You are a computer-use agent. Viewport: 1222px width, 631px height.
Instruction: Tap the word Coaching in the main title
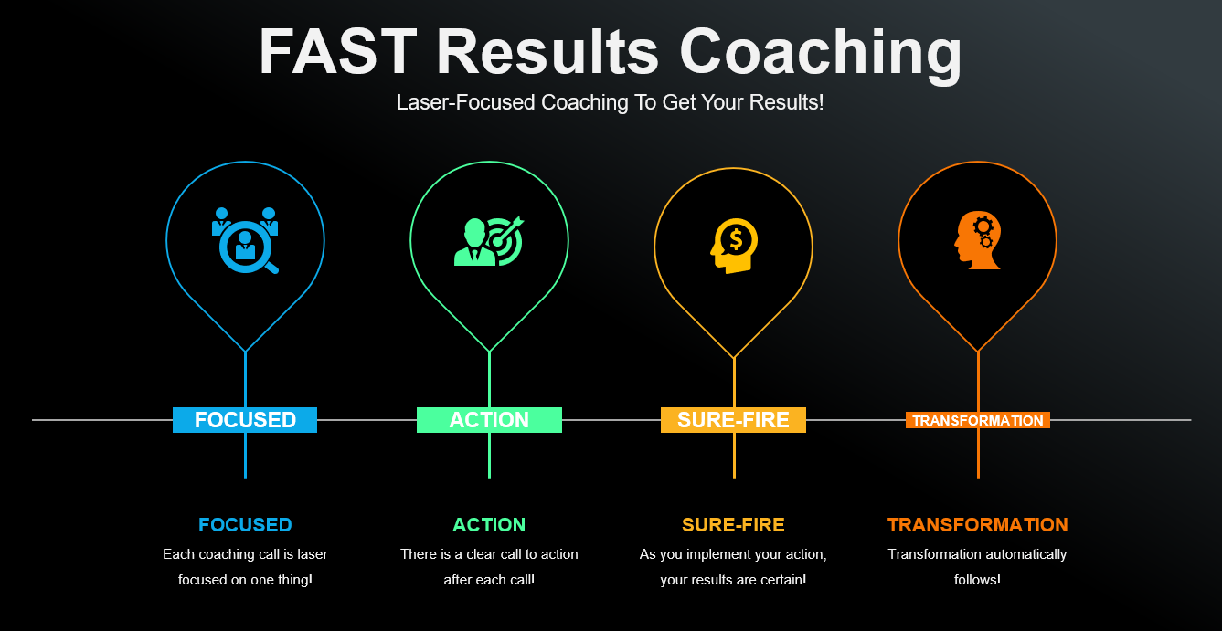pos(821,55)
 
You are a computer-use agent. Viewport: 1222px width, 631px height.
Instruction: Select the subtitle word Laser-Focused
pos(465,102)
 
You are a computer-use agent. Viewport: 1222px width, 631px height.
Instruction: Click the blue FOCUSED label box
pos(245,420)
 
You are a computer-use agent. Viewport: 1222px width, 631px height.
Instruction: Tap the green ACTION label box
pos(489,420)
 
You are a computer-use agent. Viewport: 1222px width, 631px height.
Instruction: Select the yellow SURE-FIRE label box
pos(733,420)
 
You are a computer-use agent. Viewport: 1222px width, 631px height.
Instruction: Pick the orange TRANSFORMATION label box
pos(978,420)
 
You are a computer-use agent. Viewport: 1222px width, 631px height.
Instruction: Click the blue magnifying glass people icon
pos(245,240)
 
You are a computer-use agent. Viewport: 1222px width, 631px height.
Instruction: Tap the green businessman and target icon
pos(489,241)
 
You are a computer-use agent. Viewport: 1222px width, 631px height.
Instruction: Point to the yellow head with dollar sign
pos(734,246)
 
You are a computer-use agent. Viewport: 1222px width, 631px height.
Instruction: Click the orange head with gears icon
pos(978,240)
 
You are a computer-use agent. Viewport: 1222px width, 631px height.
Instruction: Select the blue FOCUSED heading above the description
pos(245,525)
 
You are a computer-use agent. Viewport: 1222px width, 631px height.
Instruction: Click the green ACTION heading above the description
pos(489,525)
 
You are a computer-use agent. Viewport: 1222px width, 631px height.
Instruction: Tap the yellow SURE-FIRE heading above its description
pos(733,525)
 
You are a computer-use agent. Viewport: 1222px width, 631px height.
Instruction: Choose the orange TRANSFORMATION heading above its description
pos(978,525)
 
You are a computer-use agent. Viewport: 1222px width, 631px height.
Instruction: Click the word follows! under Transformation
pos(977,579)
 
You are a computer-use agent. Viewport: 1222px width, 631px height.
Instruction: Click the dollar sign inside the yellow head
pos(736,240)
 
